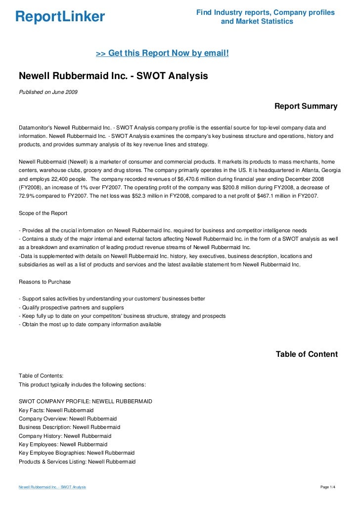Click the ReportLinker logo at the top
click(x=60, y=17)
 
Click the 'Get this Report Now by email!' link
click(x=162, y=53)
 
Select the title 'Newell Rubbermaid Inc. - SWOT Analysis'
click(x=113, y=77)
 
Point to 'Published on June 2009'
click(x=48, y=92)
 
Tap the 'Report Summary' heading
click(x=306, y=106)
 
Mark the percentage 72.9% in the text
click(x=27, y=196)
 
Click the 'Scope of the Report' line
click(x=43, y=213)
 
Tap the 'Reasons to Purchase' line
click(x=45, y=282)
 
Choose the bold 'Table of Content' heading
click(x=306, y=354)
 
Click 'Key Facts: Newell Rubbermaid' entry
click(x=56, y=410)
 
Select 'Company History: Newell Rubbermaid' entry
click(x=65, y=436)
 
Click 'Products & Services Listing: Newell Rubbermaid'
click(x=77, y=461)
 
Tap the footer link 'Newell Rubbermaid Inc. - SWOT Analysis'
click(x=52, y=487)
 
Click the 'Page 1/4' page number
click(x=328, y=487)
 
